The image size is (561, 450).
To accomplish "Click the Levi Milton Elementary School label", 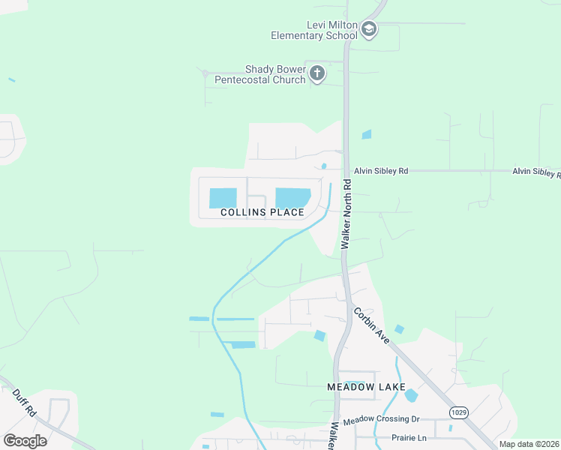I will coord(314,30).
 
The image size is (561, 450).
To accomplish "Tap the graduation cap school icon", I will coord(368,30).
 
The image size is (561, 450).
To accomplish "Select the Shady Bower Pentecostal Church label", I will coord(260,74).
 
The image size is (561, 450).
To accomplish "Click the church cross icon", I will coord(317,73).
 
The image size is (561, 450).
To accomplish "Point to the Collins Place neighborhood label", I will coord(262,212).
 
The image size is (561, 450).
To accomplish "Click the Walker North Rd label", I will coord(346,214).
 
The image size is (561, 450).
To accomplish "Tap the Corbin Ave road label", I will coord(372,325).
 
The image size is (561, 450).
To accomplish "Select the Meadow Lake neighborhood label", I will coord(359,387).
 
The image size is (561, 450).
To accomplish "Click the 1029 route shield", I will coord(460,412).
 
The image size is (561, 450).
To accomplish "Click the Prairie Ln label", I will coord(409,437).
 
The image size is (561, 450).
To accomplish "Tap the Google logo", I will coord(25,440).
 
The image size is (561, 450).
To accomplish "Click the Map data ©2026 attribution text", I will coord(529,444).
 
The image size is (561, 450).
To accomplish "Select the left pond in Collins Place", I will coord(223,198).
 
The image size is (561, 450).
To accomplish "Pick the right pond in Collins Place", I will coord(292,197).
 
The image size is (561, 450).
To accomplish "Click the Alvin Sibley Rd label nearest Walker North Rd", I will coord(381,171).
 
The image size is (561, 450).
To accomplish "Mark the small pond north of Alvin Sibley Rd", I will coord(366,135).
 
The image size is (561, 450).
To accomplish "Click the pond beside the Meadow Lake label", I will coord(410,394).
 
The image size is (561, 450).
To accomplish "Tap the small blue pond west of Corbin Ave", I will coord(320,336).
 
